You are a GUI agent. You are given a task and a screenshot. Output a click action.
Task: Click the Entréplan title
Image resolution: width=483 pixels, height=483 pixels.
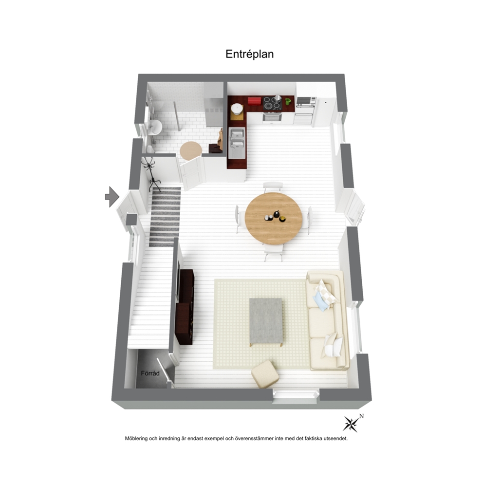click(249, 54)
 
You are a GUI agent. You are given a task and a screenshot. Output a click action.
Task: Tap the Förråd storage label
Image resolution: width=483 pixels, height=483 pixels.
click(150, 373)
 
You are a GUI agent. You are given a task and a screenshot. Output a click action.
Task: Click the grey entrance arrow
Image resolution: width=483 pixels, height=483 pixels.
click(112, 197)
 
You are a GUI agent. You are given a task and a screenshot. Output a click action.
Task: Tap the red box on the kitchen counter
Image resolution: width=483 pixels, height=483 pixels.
click(255, 100)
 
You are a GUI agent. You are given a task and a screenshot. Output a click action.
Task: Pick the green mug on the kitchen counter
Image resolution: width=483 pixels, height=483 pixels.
click(288, 101)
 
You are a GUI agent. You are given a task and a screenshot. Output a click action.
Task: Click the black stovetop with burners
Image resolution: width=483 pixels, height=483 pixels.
click(272, 103)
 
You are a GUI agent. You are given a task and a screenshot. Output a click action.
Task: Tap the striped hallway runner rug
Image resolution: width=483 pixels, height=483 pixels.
click(165, 217)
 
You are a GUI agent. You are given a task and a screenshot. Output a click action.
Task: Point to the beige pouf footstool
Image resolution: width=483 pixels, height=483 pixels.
click(265, 373)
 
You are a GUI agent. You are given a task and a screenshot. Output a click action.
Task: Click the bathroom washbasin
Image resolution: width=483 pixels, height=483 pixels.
click(155, 127)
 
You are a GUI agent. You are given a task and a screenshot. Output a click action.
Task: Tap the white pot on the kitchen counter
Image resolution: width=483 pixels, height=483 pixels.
click(237, 109)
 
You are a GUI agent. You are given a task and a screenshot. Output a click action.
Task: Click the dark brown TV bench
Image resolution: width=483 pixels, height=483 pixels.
click(185, 307)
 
